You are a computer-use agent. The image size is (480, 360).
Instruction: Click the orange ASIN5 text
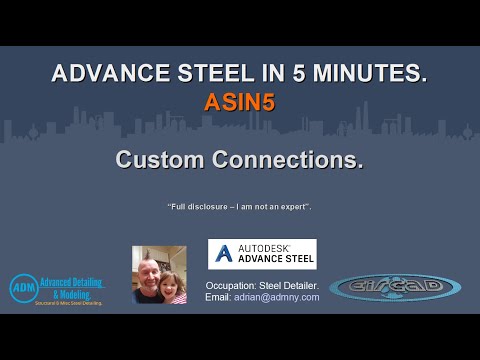(x=240, y=101)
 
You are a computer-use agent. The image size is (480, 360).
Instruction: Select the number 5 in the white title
(x=292, y=74)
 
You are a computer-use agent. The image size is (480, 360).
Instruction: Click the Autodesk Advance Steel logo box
(x=262, y=254)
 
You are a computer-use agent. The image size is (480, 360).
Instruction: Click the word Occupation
(x=232, y=285)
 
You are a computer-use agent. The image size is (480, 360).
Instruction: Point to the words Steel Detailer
(x=289, y=285)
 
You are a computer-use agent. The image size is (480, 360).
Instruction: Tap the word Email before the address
(x=218, y=297)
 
